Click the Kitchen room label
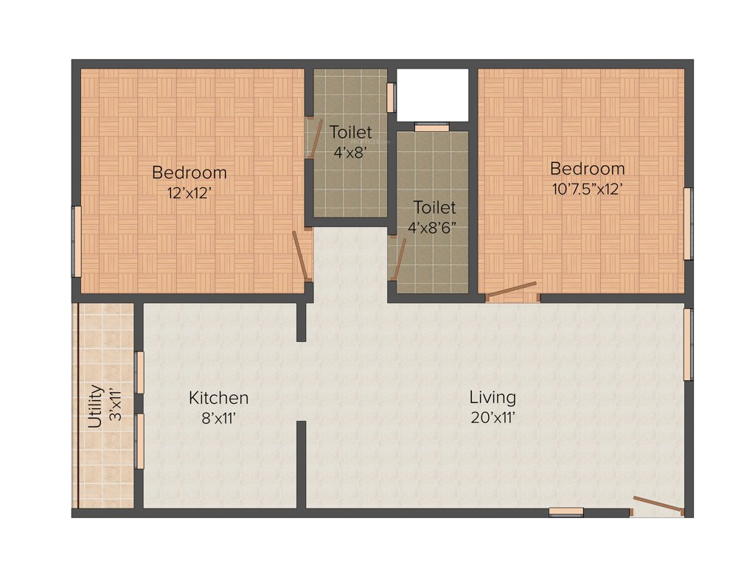pyautogui.click(x=218, y=398)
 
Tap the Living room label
pyautogui.click(x=493, y=397)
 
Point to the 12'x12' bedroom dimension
pyautogui.click(x=189, y=192)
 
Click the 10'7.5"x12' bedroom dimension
pyautogui.click(x=587, y=188)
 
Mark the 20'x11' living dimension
pyautogui.click(x=493, y=417)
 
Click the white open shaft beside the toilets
pyautogui.click(x=432, y=94)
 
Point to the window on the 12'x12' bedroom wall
pyautogui.click(x=75, y=242)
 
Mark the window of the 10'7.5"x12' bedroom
pyautogui.click(x=688, y=224)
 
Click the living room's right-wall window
pyautogui.click(x=688, y=344)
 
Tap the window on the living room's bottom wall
pyautogui.click(x=566, y=511)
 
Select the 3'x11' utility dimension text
pyautogui.click(x=115, y=406)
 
